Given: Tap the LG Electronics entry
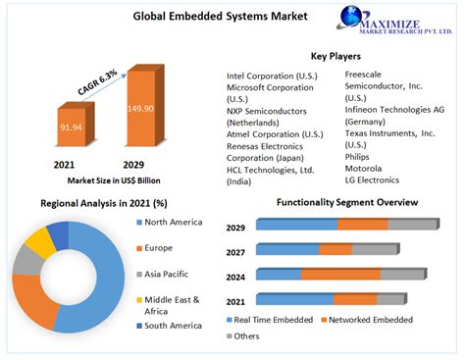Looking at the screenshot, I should point(373,180).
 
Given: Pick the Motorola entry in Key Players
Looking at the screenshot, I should point(364,168).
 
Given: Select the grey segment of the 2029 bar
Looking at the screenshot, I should point(413,224).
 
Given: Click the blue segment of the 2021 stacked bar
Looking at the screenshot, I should point(294,298).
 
